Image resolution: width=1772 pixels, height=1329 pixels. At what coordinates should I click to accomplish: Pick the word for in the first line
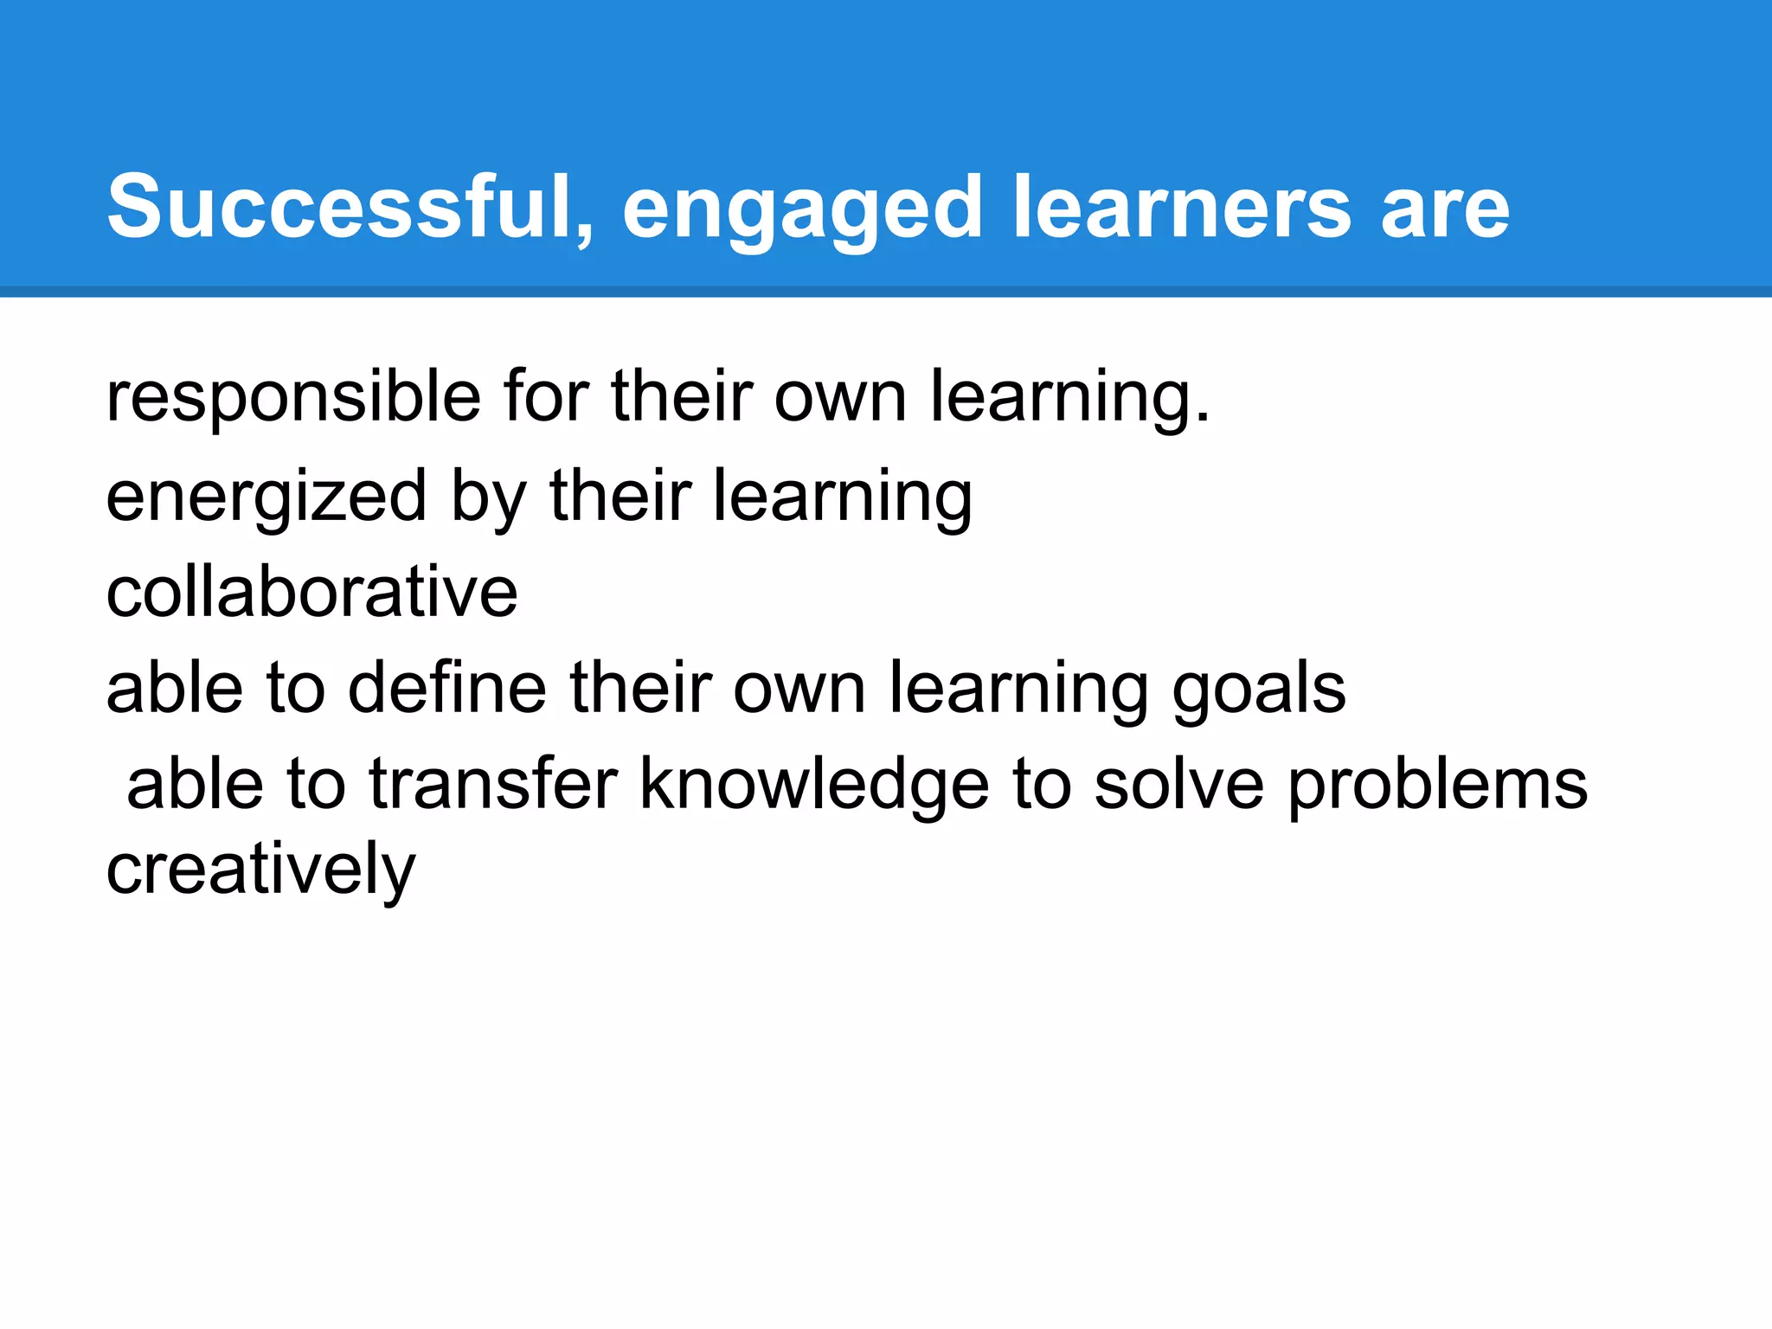[x=545, y=395]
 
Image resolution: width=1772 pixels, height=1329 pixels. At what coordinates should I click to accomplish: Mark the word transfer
[x=493, y=784]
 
